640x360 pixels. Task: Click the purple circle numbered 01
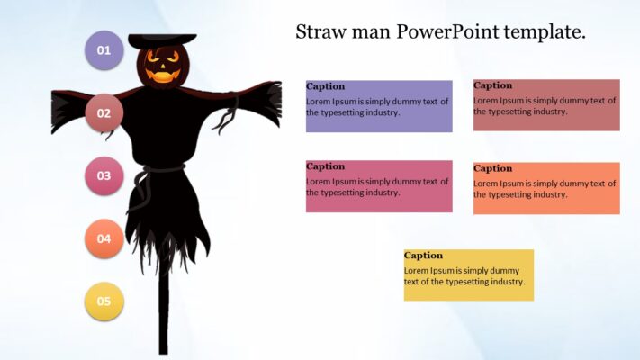pos(104,50)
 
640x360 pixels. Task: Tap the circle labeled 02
pos(104,113)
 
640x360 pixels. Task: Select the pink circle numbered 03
pos(104,175)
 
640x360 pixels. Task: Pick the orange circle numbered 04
pos(104,238)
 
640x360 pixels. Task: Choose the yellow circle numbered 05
pos(104,301)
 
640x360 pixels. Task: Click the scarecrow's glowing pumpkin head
pos(162,67)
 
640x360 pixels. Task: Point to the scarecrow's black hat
pos(162,40)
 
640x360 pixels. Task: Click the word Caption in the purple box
pos(325,86)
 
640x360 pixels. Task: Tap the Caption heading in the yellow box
pos(423,256)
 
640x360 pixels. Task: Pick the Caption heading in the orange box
pos(492,168)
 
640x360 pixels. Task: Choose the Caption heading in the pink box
pos(325,166)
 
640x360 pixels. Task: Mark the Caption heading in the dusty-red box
pos(492,85)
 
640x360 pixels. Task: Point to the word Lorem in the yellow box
pos(417,271)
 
